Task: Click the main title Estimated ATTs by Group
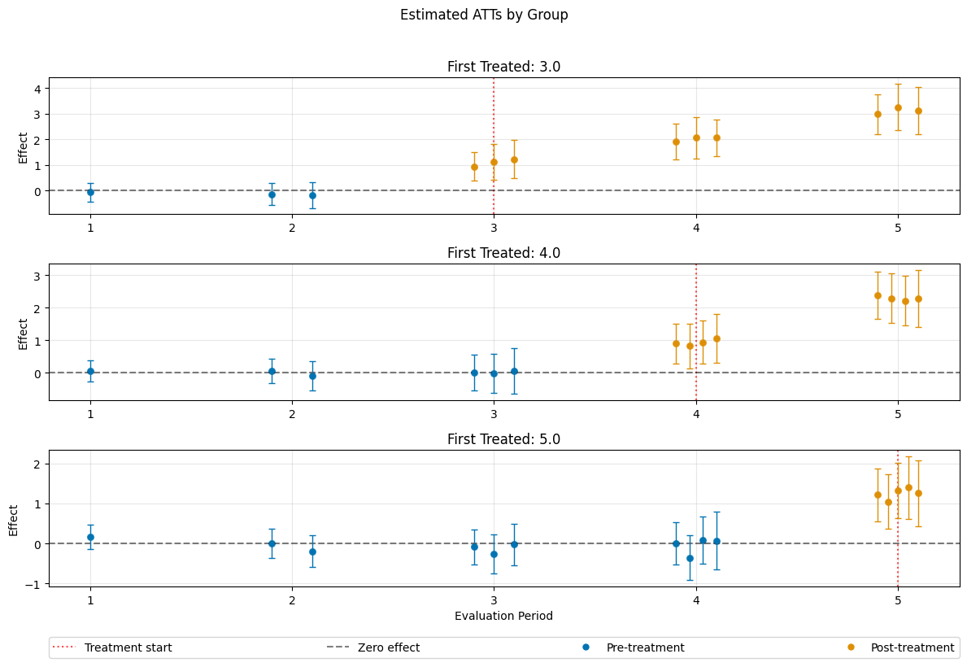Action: pos(484,15)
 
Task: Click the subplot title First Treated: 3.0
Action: pos(503,67)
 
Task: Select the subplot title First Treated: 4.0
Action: pos(503,253)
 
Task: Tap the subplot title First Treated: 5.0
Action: pos(503,439)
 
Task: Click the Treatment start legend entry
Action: pos(128,647)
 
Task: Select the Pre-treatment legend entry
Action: pos(645,647)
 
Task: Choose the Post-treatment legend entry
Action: pos(912,647)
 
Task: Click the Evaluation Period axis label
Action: pos(503,616)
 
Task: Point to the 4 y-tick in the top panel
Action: pos(38,88)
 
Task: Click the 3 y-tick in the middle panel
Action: pos(38,276)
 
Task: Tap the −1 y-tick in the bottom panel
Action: pos(35,584)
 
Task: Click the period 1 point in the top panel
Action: pos(90,192)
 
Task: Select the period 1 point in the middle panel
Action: pos(90,371)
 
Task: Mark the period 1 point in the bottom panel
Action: pos(90,537)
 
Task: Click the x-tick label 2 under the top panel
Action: pos(292,227)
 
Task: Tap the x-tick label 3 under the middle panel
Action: pos(494,413)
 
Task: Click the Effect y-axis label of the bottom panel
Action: pos(14,519)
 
